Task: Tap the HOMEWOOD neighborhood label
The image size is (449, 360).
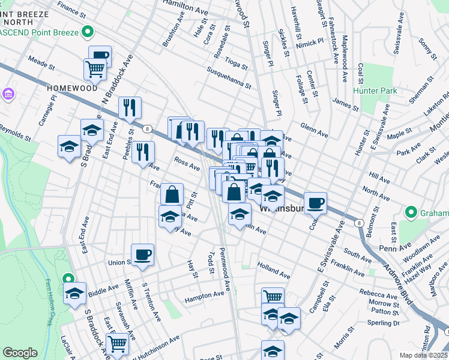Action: click(x=72, y=88)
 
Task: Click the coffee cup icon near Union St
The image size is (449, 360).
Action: click(x=142, y=254)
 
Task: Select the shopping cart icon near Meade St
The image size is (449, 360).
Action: click(x=95, y=69)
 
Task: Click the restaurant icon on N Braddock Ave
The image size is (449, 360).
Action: click(x=130, y=107)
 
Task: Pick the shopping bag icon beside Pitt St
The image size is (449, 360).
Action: click(x=172, y=194)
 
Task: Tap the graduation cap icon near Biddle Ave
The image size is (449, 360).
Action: click(x=75, y=293)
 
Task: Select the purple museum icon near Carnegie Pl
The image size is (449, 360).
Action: click(x=8, y=94)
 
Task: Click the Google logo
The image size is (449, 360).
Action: click(x=20, y=353)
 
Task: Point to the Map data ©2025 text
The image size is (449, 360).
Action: click(x=423, y=355)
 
